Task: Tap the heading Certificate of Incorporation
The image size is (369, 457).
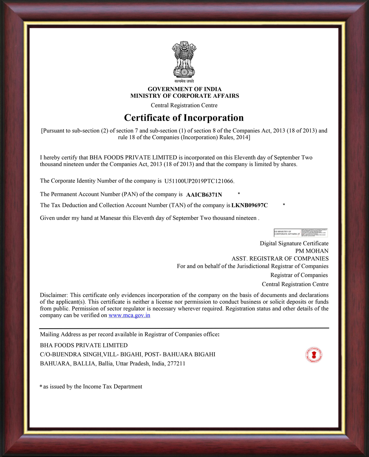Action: (x=184, y=118)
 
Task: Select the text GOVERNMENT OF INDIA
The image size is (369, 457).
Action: (x=184, y=89)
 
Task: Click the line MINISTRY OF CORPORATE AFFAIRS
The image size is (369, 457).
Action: (x=184, y=96)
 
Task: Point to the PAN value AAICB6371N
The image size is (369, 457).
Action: (x=204, y=195)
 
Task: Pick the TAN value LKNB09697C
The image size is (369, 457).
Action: (x=249, y=205)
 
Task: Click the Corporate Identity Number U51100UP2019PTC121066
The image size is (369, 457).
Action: (x=199, y=181)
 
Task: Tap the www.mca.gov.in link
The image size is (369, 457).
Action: (x=129, y=315)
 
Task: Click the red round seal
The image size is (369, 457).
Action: (x=314, y=355)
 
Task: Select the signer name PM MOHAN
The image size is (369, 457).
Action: (x=312, y=251)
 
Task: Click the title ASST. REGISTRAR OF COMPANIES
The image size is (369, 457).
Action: (x=280, y=258)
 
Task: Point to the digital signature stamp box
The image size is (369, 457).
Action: (x=301, y=233)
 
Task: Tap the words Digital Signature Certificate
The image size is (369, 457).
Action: (x=294, y=243)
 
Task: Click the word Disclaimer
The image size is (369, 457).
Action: (x=53, y=295)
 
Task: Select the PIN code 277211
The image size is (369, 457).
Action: (x=176, y=364)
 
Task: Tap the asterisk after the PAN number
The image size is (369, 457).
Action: (x=239, y=194)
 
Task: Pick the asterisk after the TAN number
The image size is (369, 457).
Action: (x=284, y=205)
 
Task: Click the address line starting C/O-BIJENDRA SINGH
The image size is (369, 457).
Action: (x=128, y=354)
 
